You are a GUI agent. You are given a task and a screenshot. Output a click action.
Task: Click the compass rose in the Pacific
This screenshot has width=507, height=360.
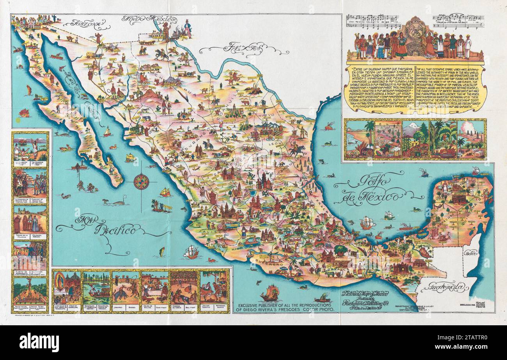(141, 182)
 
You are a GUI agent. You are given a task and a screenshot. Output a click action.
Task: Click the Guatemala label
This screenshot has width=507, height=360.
(448, 289)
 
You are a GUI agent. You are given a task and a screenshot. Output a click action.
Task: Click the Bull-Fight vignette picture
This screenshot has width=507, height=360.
(184, 287)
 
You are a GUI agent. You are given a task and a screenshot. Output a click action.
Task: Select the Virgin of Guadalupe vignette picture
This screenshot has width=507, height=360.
(67, 287)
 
